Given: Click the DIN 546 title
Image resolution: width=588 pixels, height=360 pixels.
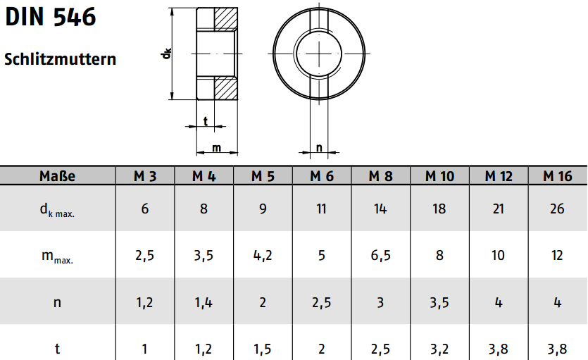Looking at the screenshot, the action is coord(51,17).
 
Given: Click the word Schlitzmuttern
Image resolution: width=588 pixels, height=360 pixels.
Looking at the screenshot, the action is coord(61,59).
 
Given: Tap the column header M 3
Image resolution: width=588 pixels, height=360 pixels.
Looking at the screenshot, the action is coord(145,176).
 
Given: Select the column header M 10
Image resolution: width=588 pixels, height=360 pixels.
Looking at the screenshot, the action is coord(439,176).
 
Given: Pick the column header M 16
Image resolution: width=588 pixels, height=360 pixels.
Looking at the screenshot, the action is coord(558,176).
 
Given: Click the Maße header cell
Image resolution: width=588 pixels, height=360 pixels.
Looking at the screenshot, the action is coord(57,176).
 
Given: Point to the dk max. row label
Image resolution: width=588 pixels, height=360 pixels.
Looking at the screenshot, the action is coord(57,210).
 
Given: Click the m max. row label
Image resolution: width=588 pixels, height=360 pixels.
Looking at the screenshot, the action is coord(57,256).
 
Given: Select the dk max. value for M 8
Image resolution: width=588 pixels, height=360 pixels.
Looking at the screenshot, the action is coord(380,209).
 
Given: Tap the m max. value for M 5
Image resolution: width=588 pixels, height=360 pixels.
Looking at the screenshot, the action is coord(263,256).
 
